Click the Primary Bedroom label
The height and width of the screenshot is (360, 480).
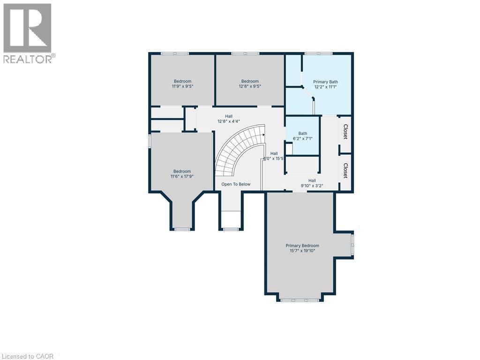[302, 246]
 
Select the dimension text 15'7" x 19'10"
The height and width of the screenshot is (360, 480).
[302, 251]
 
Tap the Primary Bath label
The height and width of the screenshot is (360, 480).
[325, 82]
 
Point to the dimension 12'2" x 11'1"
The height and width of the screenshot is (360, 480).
[325, 87]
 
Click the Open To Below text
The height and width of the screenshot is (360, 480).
[236, 184]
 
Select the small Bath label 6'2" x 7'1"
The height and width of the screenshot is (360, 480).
[303, 136]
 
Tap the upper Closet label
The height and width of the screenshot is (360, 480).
[345, 132]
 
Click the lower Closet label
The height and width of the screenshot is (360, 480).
[345, 171]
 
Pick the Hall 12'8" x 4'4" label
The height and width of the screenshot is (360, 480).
[229, 119]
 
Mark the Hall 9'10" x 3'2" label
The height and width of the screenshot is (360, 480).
[312, 183]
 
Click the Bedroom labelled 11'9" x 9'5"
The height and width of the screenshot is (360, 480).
[182, 83]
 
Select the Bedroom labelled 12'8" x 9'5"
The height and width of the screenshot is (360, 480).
[250, 83]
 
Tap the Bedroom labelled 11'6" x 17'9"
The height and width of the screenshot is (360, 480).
[182, 174]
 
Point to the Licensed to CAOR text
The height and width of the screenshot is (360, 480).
[27, 356]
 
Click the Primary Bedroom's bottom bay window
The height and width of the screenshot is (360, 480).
[300, 300]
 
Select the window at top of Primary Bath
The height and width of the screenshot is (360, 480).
[318, 53]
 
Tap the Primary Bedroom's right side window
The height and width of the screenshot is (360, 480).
[352, 244]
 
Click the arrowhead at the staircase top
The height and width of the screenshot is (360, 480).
[264, 134]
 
